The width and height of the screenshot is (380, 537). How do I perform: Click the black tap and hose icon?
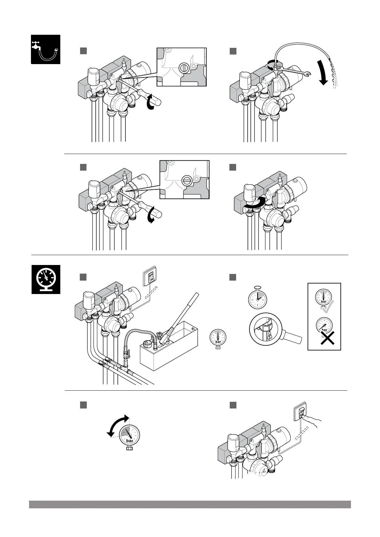[x=45, y=49]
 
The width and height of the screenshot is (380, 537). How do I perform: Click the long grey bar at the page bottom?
[x=190, y=504]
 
